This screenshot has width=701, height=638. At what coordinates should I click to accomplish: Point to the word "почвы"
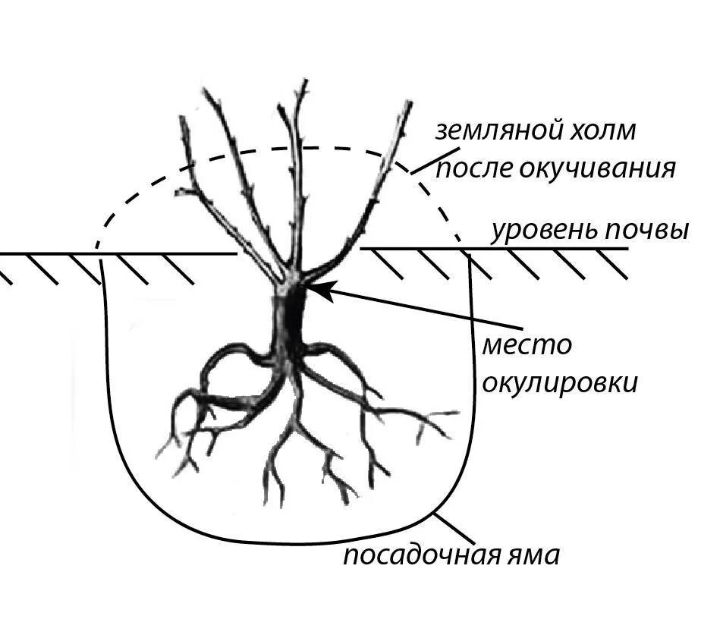point(646,230)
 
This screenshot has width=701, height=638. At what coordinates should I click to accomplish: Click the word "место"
point(527,345)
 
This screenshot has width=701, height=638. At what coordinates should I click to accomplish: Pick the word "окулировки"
point(560,383)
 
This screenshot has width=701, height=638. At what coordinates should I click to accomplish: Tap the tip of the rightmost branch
point(410,102)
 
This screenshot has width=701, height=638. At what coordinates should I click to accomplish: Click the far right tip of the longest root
point(458,413)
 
